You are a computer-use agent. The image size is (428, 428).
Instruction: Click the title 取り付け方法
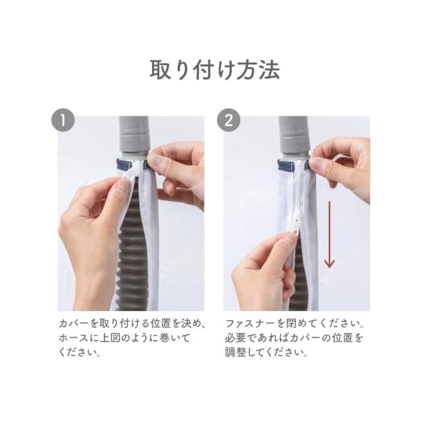click(215, 70)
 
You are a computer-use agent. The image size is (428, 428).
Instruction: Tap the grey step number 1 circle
click(63, 121)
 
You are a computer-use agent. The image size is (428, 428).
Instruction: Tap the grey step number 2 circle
click(228, 121)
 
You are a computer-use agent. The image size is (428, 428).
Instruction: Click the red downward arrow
click(330, 235)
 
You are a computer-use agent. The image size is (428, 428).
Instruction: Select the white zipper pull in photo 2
click(295, 225)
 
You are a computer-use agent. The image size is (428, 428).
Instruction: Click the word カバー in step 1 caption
click(73, 324)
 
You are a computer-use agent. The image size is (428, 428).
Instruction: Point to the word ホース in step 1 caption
click(73, 338)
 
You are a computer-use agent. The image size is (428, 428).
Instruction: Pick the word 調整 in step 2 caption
click(236, 352)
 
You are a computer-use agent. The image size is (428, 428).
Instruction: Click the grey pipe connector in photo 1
click(133, 136)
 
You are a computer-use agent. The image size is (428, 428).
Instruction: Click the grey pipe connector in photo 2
click(294, 136)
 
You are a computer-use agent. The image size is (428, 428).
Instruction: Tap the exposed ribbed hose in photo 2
click(299, 275)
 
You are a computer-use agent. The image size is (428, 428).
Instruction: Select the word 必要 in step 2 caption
click(236, 338)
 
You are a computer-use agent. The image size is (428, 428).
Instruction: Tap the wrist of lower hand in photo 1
click(90, 290)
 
